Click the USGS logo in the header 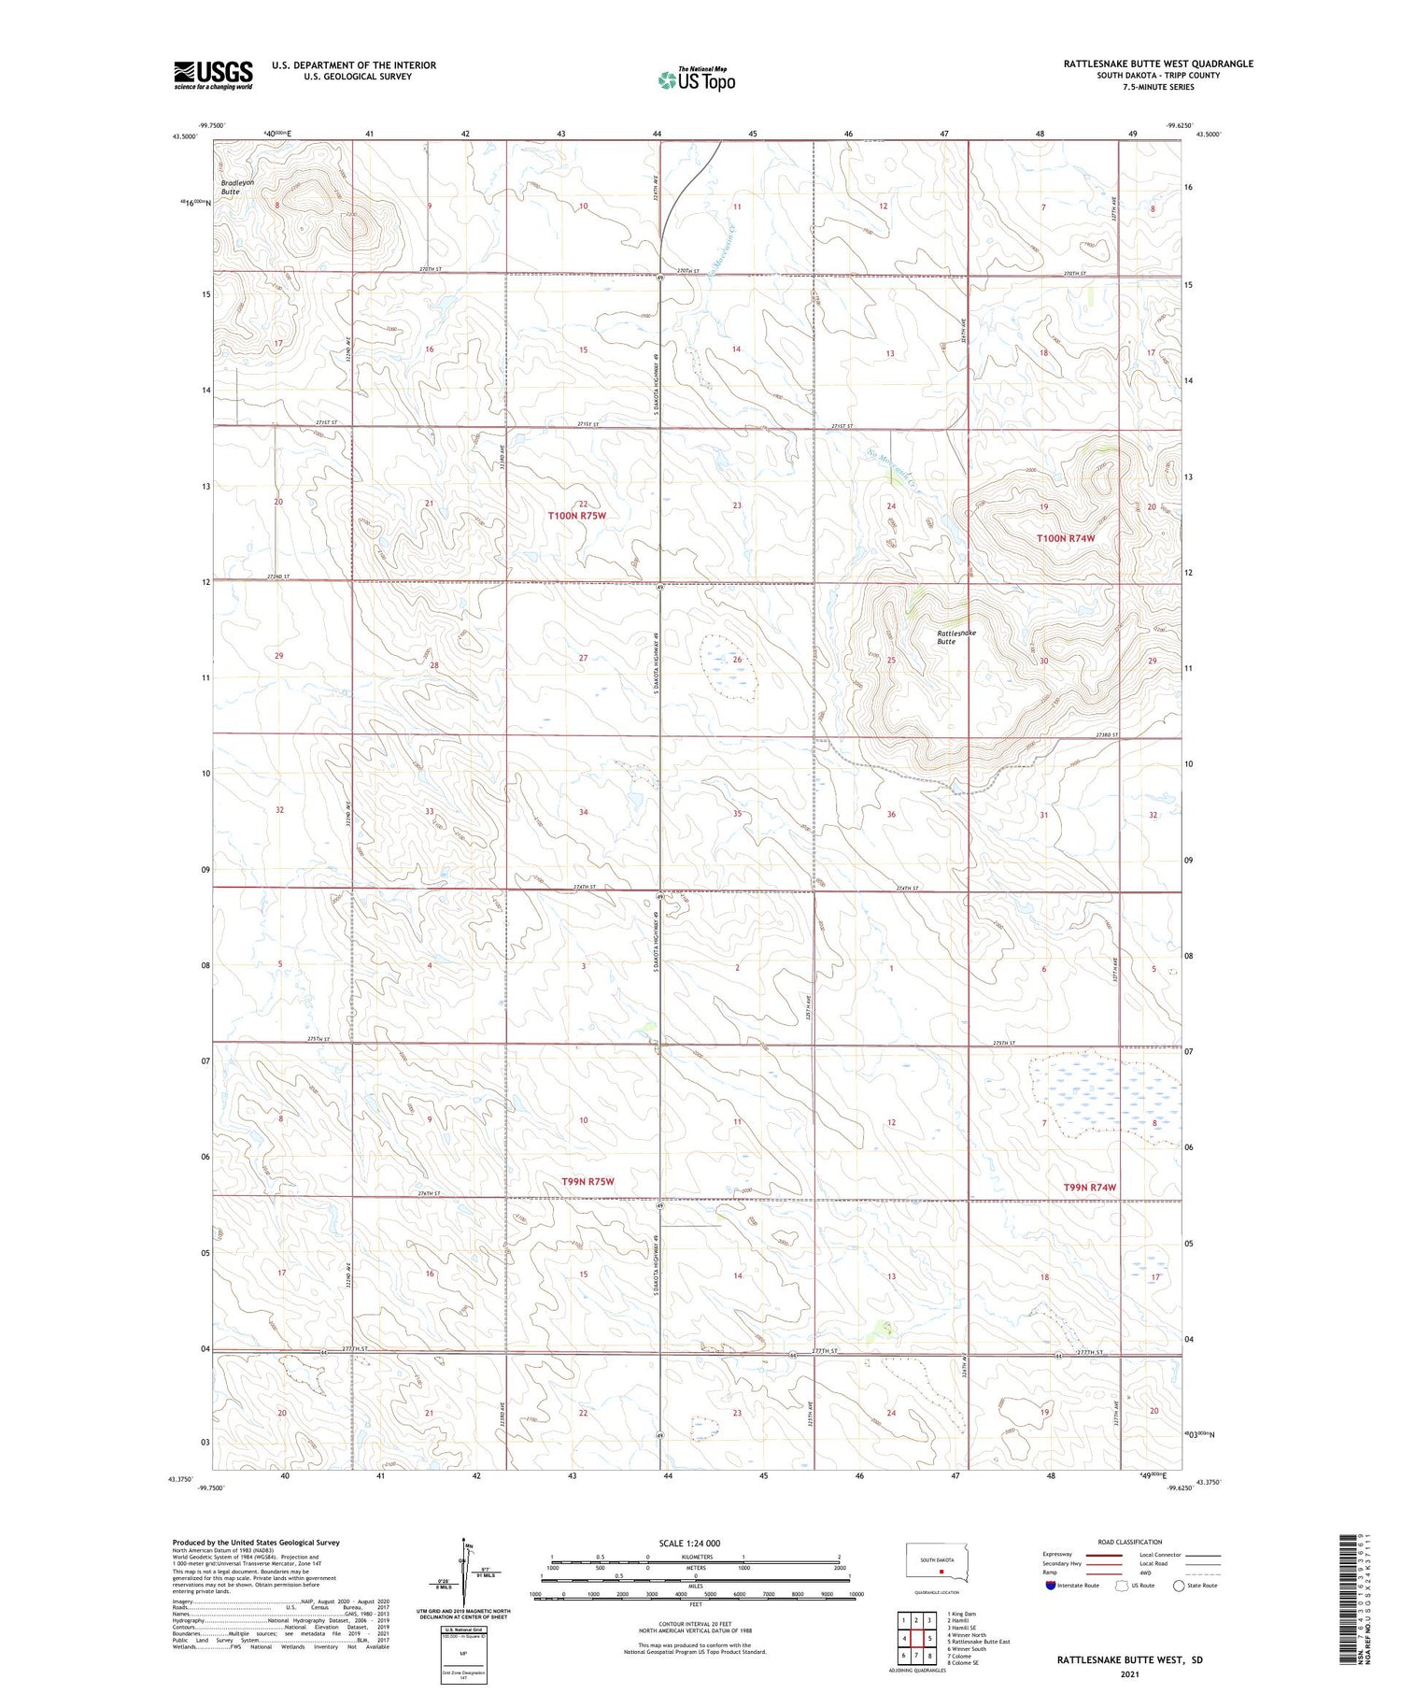click(213, 75)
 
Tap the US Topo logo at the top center click(696, 80)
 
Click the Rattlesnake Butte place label click(955, 637)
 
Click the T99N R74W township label click(1090, 1188)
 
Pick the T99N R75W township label click(587, 1182)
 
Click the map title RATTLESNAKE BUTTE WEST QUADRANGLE click(1158, 64)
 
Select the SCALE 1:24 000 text click(689, 1543)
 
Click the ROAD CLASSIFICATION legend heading click(1130, 1542)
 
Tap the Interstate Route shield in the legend click(1052, 1586)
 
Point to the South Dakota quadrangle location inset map click(939, 1564)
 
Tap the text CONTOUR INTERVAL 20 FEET click(695, 1625)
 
